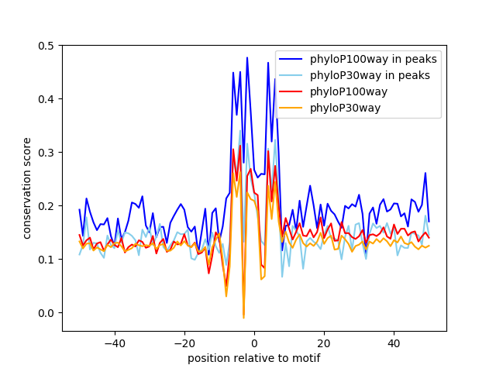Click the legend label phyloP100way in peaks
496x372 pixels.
point(374,59)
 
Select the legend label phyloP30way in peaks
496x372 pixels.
point(370,76)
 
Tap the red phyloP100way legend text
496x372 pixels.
point(349,91)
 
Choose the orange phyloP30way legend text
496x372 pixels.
point(345,108)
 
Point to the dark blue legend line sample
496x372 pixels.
point(291,59)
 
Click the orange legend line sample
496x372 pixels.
point(291,108)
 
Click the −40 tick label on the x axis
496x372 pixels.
point(115,343)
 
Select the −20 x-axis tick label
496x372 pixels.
point(184,343)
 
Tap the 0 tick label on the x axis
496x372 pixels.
point(254,343)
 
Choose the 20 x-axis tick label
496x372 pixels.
point(324,343)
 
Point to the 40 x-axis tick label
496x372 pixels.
point(394,343)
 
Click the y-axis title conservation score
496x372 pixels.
point(27,188)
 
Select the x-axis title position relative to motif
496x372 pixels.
point(254,358)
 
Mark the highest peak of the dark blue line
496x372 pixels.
point(247,57)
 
